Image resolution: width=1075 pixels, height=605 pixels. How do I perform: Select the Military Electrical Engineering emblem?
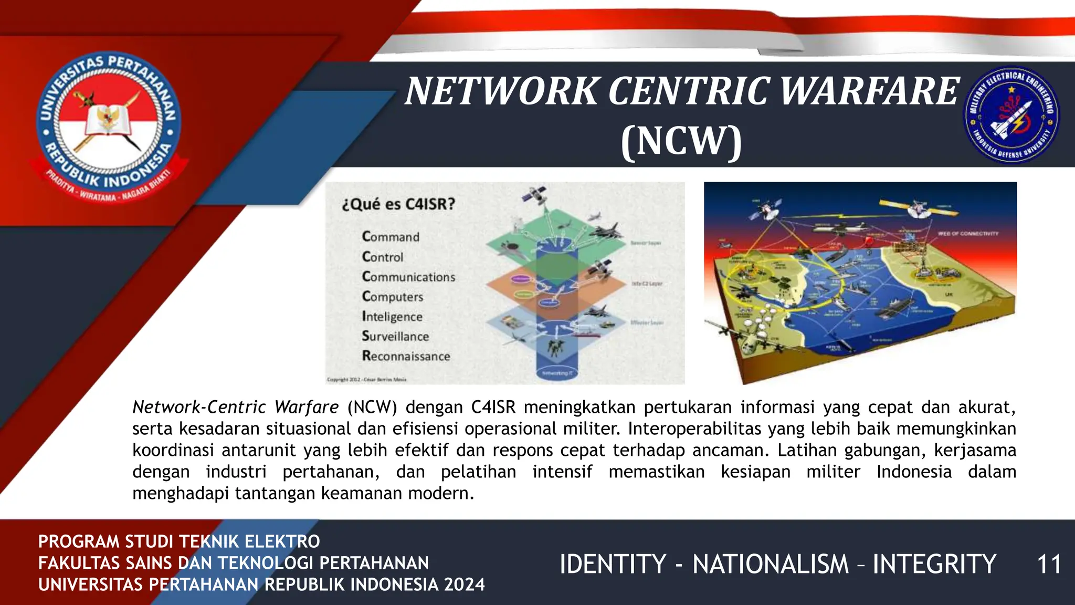tap(1011, 114)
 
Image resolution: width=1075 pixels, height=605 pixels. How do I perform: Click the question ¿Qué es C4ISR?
tap(398, 204)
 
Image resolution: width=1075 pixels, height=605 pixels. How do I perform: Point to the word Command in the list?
tap(391, 237)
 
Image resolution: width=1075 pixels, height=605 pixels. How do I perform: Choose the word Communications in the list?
tap(408, 277)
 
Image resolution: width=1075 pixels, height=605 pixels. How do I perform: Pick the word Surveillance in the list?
tap(395, 336)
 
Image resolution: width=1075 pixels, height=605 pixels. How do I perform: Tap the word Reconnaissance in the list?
tap(406, 356)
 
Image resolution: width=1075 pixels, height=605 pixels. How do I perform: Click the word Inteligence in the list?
tap(392, 317)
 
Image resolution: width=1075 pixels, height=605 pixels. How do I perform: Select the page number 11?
tap(1049, 565)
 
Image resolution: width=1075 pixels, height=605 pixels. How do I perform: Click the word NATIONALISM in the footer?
tap(770, 565)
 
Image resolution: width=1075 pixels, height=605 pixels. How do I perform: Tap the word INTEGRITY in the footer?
tap(934, 565)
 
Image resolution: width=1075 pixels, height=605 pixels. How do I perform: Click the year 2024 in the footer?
tap(464, 585)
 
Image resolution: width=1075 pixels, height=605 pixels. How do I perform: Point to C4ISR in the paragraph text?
tap(493, 407)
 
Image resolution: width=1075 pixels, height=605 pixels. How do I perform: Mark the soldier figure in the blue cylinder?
tap(553, 348)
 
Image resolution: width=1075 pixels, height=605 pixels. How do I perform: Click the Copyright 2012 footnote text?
tap(366, 379)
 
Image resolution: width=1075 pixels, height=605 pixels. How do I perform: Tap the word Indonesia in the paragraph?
tap(914, 472)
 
